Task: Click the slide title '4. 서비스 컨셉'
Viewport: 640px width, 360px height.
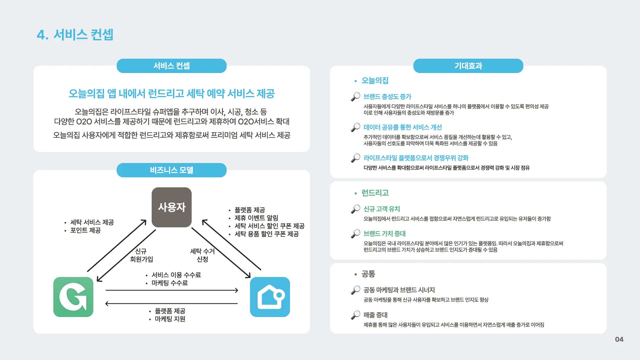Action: (75, 35)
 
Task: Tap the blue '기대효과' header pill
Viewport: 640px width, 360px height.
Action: (468, 66)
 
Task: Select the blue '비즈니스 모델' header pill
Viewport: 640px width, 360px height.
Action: (171, 170)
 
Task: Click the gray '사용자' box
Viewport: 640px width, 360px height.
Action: (172, 207)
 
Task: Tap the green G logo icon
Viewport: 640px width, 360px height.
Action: (73, 297)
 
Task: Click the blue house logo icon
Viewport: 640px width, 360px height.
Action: (270, 297)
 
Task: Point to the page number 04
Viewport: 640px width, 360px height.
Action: (619, 339)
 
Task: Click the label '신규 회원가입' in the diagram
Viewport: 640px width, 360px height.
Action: (141, 255)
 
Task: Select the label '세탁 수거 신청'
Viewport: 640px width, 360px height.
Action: (202, 255)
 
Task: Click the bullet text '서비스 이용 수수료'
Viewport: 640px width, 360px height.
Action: (176, 275)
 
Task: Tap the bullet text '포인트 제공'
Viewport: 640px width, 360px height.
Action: (85, 230)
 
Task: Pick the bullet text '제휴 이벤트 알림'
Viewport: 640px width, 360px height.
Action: (256, 218)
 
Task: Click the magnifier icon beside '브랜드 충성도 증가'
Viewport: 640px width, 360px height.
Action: (356, 97)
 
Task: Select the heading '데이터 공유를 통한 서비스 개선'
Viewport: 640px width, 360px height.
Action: (402, 127)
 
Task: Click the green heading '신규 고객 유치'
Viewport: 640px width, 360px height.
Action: (382, 209)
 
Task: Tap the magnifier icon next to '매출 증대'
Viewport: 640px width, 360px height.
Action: (356, 315)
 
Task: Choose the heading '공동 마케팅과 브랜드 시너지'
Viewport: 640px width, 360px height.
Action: (399, 290)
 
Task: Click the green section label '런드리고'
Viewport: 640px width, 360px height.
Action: (375, 193)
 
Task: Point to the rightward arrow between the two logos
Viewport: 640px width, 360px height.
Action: (172, 290)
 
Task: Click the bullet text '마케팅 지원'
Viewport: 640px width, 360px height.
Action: (170, 319)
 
